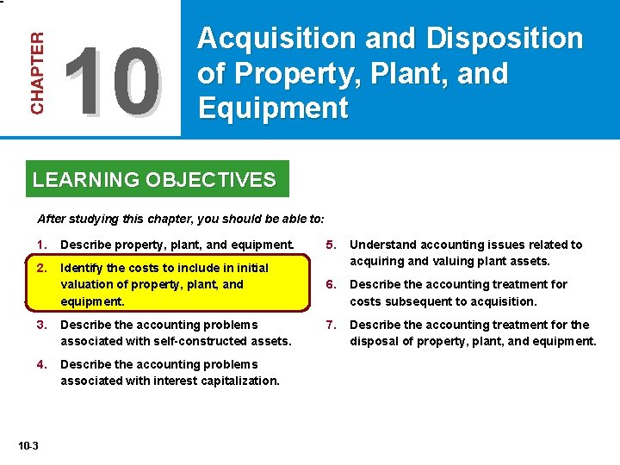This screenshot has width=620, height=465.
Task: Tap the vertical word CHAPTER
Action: click(39, 73)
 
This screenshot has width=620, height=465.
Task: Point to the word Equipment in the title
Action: click(273, 108)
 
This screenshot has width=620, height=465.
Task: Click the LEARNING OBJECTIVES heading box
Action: click(155, 180)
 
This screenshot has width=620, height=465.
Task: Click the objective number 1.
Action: click(41, 245)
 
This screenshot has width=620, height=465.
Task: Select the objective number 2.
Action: click(41, 268)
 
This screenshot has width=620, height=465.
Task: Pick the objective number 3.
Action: click(41, 325)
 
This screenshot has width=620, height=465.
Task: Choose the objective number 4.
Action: click(41, 364)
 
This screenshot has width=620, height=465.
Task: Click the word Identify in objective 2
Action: click(82, 269)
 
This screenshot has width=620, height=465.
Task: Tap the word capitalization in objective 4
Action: click(239, 381)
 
